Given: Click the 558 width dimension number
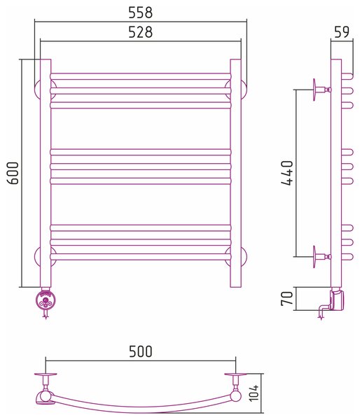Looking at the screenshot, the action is click(x=141, y=13).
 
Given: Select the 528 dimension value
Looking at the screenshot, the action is click(x=141, y=32).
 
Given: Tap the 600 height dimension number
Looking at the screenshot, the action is click(x=13, y=173).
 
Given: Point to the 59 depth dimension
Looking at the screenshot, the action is click(x=342, y=32).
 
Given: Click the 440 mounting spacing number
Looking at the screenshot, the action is click(x=287, y=173).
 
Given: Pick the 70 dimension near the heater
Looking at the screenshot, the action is click(x=286, y=298).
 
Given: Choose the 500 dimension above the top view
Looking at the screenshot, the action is click(x=141, y=351).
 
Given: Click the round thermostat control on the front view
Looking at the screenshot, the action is click(x=46, y=299).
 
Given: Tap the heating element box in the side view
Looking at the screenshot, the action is click(x=337, y=300).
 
